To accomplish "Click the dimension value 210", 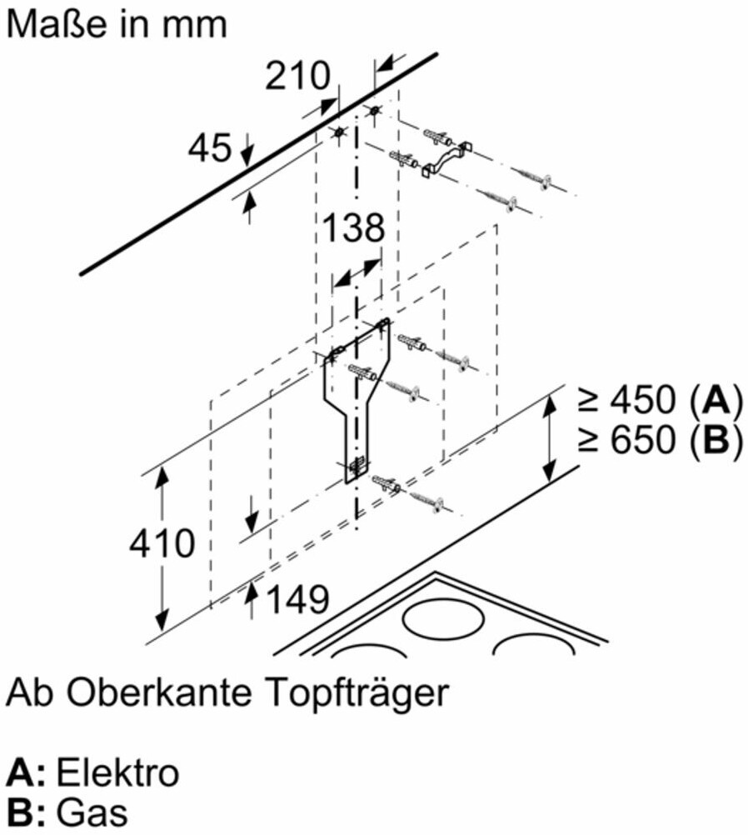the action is (298, 77).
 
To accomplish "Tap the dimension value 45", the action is (209, 149).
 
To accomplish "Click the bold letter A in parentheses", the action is (713, 402).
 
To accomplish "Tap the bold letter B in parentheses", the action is (713, 441).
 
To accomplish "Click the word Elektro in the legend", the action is (117, 773).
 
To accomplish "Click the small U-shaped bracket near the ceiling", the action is (446, 158).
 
